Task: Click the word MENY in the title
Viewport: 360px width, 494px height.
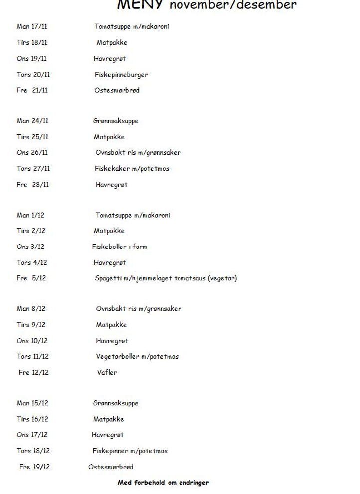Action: tap(141, 5)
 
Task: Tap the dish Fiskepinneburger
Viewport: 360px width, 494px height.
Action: tap(121, 75)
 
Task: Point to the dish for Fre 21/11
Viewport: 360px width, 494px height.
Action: tap(117, 90)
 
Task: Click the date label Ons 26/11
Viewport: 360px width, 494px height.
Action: tap(32, 152)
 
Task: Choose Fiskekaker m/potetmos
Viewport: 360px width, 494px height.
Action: tap(132, 169)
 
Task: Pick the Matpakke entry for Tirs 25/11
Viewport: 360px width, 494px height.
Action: tap(109, 137)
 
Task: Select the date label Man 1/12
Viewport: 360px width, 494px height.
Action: tap(30, 215)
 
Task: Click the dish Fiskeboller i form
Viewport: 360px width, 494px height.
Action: tap(119, 247)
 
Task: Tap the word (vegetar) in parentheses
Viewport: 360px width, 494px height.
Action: tap(221, 278)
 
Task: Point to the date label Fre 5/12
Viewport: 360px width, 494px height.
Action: tap(31, 278)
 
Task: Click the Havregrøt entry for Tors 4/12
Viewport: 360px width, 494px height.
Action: tap(110, 262)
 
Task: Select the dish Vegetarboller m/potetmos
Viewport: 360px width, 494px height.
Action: tap(137, 357)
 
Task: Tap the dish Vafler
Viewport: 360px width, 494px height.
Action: tap(107, 372)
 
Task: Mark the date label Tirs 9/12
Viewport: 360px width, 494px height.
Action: tap(31, 325)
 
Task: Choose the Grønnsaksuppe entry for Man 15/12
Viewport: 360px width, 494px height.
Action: tap(115, 403)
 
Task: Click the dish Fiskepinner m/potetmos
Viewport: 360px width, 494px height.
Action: tap(130, 451)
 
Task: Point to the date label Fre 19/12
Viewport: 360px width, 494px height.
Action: tap(34, 467)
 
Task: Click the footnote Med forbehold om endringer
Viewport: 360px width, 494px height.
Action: tap(163, 483)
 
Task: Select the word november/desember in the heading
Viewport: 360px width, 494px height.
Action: tap(233, 5)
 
